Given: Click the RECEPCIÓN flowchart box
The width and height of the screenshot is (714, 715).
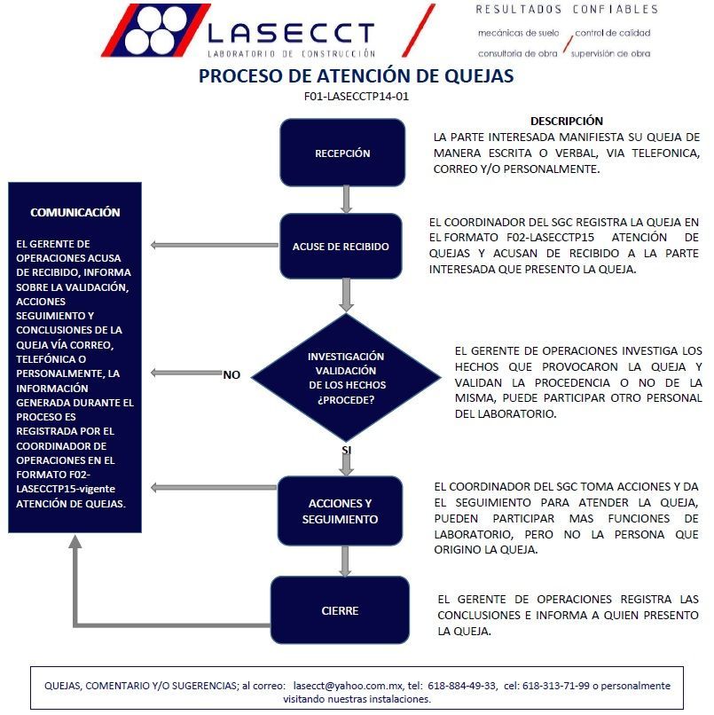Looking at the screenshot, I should pyautogui.click(x=342, y=153).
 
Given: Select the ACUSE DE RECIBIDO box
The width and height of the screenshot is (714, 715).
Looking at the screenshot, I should pyautogui.click(x=341, y=246).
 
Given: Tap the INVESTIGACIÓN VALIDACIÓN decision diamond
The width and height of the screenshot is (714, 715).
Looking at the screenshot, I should pyautogui.click(x=346, y=378).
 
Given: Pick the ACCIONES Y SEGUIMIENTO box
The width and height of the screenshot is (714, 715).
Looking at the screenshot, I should pyautogui.click(x=340, y=511).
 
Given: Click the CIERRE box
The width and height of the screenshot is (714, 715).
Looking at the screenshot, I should pyautogui.click(x=340, y=610).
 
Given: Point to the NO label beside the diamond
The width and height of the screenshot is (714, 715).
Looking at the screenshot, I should pyautogui.click(x=231, y=374).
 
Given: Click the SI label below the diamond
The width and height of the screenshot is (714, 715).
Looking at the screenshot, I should pyautogui.click(x=347, y=451).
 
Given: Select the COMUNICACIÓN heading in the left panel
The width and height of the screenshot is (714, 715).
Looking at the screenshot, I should pyautogui.click(x=75, y=213).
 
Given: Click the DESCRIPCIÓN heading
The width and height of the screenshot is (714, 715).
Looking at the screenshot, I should pyautogui.click(x=566, y=121).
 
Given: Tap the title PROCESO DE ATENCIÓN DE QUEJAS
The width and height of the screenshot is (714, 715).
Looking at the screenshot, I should pyautogui.click(x=356, y=76).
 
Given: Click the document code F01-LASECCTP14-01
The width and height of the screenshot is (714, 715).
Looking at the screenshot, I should pyautogui.click(x=356, y=97).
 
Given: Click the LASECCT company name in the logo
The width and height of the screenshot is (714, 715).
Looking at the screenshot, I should pyautogui.click(x=291, y=34).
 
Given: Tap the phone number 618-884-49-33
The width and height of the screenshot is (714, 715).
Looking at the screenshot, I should pyautogui.click(x=460, y=685).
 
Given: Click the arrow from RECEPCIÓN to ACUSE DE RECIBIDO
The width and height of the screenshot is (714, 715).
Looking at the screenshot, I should pyautogui.click(x=346, y=199).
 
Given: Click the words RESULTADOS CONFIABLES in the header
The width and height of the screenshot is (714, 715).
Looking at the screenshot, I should pyautogui.click(x=567, y=10).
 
